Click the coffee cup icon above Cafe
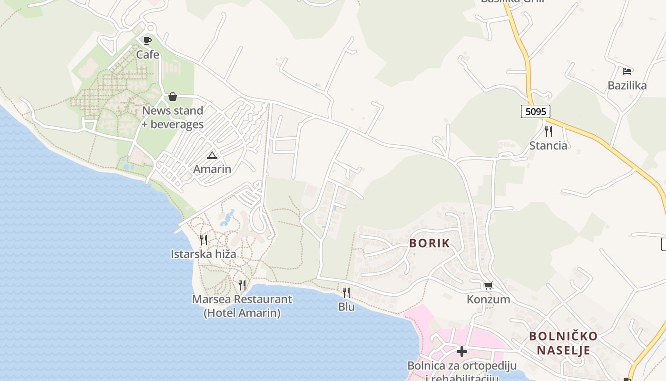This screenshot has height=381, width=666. click(147, 40)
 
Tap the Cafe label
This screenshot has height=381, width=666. click(147, 55)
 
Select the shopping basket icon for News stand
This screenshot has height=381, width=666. click(173, 97)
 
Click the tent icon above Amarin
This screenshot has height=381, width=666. click(212, 155)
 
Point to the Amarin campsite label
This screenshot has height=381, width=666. click(212, 169)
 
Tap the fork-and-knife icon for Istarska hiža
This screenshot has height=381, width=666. click(204, 240)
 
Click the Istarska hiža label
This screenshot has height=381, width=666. click(203, 254)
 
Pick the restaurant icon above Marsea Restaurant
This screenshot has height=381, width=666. click(242, 285)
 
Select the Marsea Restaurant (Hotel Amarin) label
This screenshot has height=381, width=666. click(242, 306)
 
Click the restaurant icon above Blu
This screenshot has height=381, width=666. click(346, 292)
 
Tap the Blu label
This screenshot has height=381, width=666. click(346, 307)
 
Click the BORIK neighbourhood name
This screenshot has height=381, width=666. click(430, 243)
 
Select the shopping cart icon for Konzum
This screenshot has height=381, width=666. click(488, 285)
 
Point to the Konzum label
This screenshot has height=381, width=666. click(488, 300)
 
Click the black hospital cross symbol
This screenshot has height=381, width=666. click(461, 351)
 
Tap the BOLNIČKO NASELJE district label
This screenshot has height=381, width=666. click(563, 343)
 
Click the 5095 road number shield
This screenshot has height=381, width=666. click(535, 111)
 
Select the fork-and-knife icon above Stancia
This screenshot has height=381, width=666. click(548, 131)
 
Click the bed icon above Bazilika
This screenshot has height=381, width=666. click(627, 71)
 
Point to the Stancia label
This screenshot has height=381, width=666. click(548, 146)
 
